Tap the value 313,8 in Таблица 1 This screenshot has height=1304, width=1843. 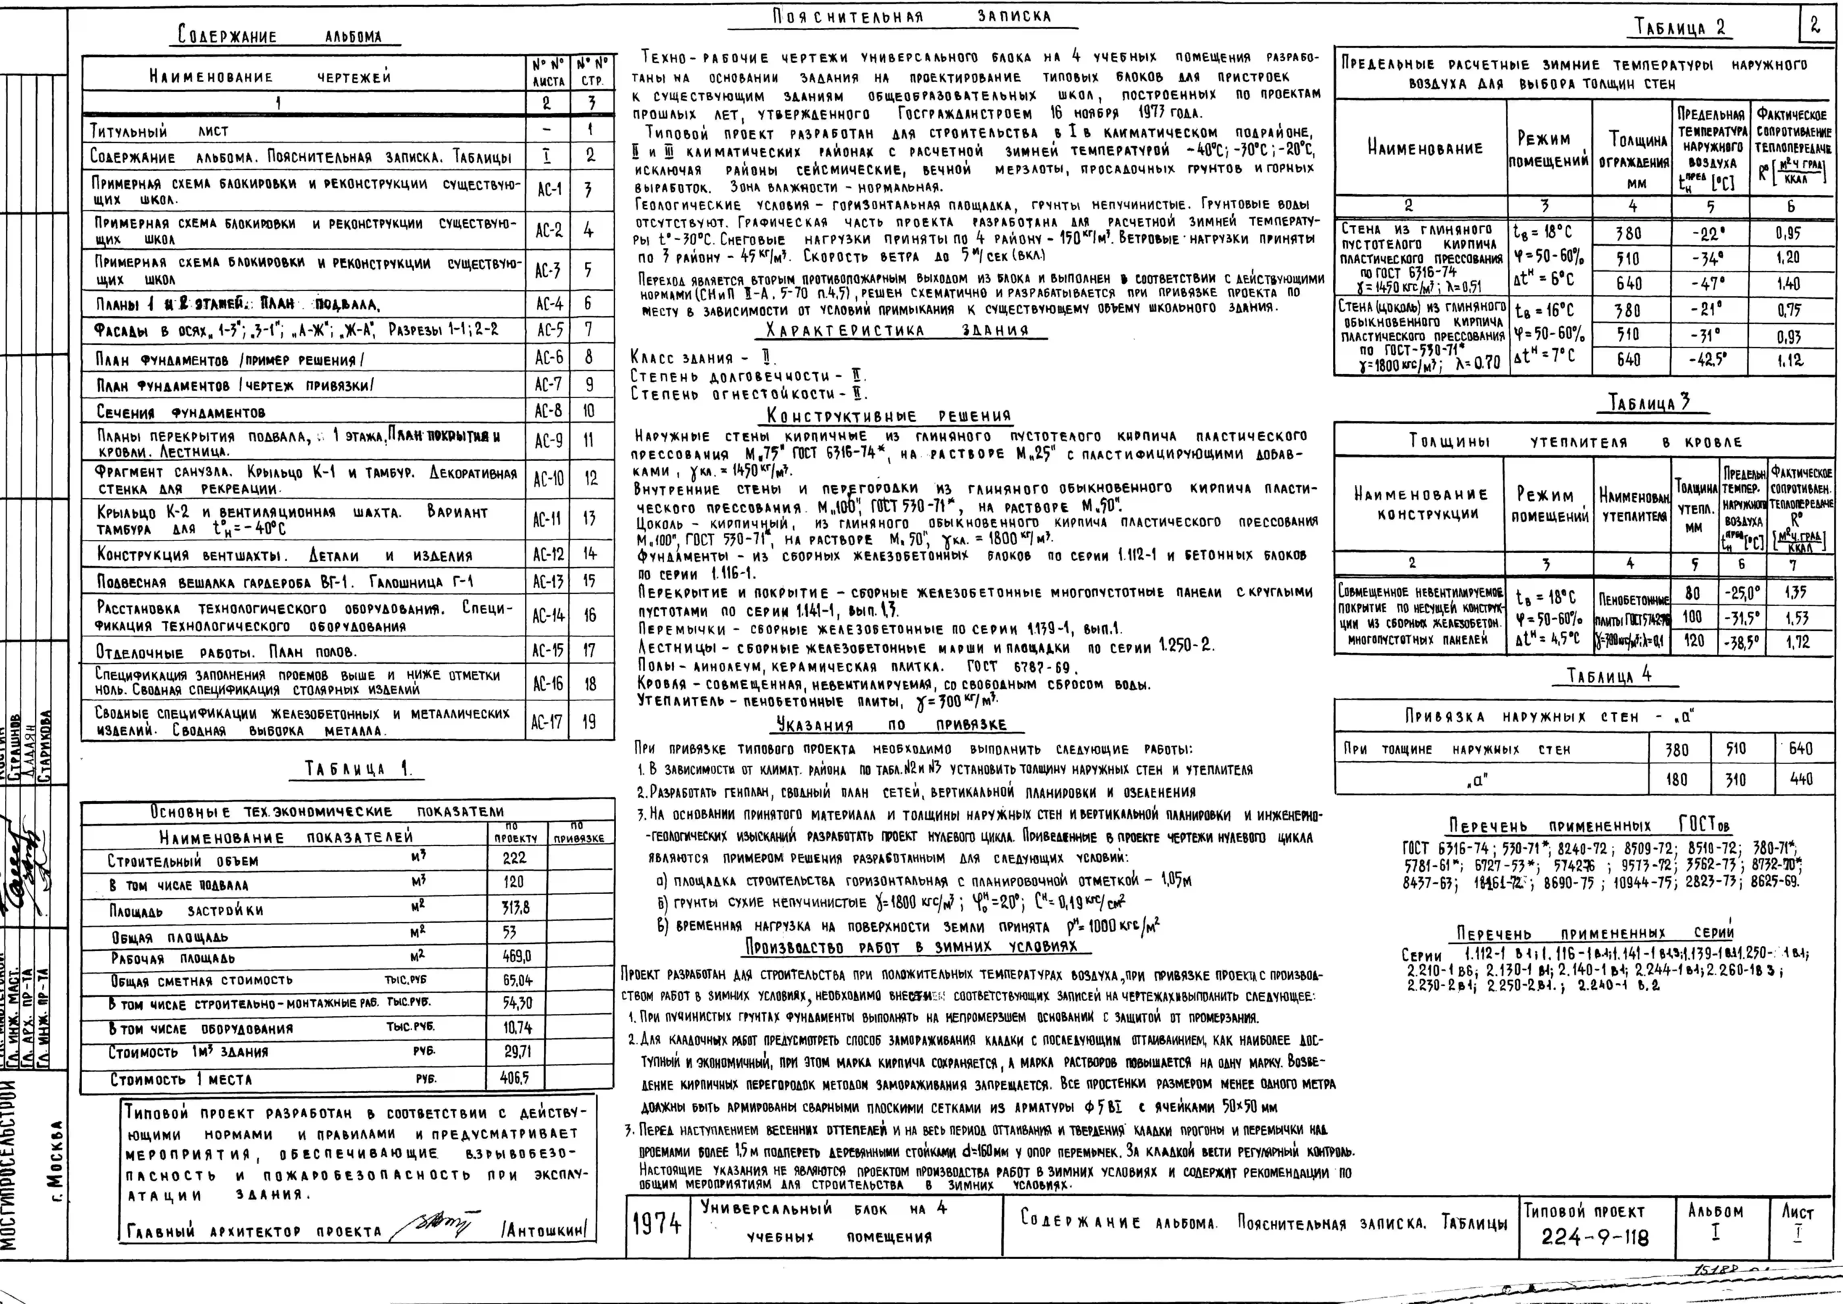(x=515, y=908)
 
